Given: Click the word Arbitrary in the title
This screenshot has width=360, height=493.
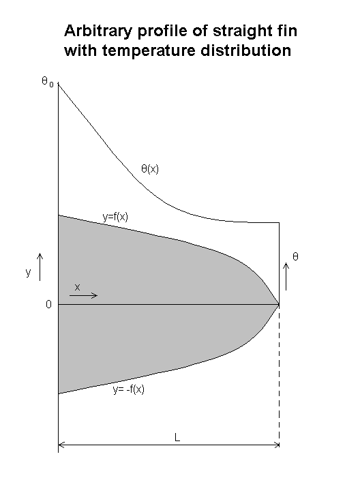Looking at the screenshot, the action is (99, 31).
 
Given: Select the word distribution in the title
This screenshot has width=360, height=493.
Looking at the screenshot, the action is (246, 50).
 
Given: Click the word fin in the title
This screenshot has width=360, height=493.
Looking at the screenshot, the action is (286, 31).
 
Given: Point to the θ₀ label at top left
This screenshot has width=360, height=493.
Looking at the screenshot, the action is (48, 82).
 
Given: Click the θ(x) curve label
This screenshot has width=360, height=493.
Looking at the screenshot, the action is (150, 169).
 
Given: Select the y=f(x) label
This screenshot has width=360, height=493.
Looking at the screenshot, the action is (115, 217).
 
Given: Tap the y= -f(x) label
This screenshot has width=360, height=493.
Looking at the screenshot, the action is (129, 389).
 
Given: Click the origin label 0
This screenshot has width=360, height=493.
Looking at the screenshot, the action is (48, 304).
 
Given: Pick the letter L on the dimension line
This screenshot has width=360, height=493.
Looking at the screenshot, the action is (177, 437).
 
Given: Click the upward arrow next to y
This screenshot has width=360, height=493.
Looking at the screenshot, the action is (40, 267).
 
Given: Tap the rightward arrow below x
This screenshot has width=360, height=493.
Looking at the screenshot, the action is (83, 295).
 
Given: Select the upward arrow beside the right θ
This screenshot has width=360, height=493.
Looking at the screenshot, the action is (286, 276).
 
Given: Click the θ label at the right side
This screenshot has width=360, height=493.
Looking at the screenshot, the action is (295, 256).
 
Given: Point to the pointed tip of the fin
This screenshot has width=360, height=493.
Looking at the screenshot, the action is (279, 304).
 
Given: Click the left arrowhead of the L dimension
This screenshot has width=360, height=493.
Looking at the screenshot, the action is (61, 445).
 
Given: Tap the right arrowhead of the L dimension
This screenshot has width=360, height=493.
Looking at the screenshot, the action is (277, 445).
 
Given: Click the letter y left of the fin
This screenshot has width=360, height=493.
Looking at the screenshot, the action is (29, 272).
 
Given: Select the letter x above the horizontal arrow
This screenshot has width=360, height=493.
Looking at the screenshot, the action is (77, 287).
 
